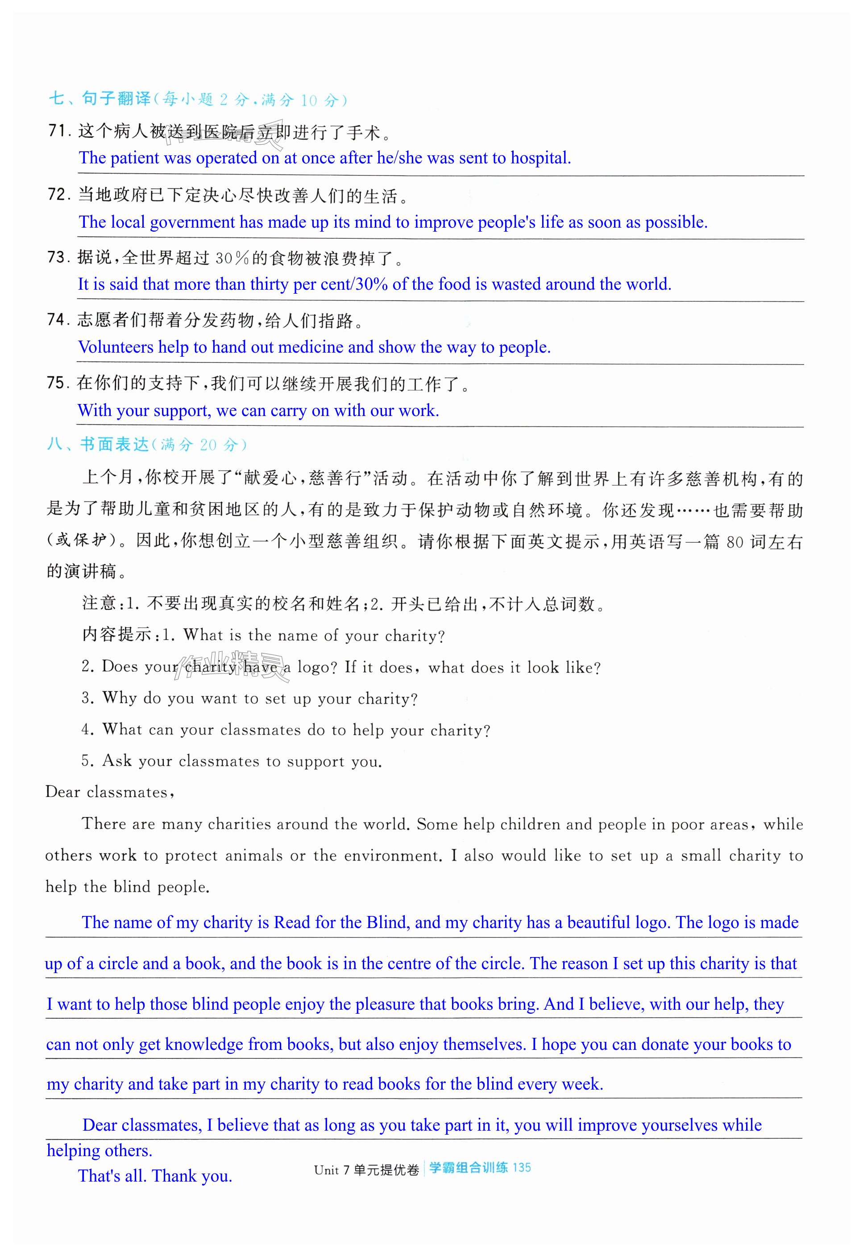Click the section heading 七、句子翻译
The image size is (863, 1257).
(100, 99)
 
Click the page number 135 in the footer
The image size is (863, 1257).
(521, 1168)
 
